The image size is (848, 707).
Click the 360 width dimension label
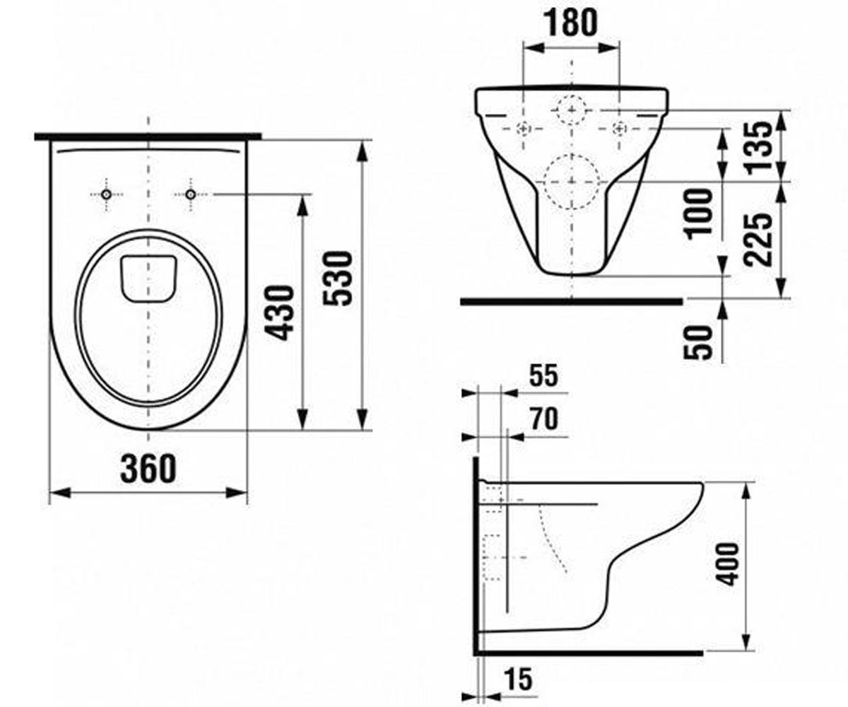pos(148,469)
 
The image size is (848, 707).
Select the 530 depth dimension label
pos(338,279)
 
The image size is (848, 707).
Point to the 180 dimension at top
pos(571,23)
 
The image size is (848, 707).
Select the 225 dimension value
pos(758,240)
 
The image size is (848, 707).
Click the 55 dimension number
pos(544,375)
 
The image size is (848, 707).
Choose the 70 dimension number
pos(544,419)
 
